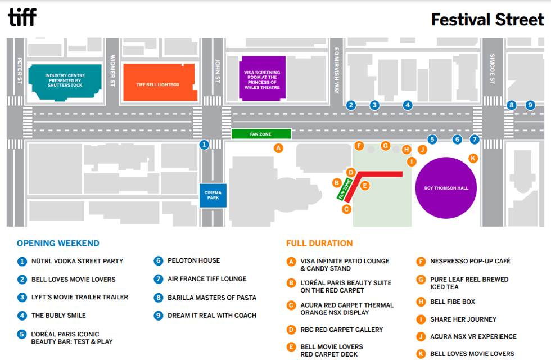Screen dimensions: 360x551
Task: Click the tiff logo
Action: (22, 17)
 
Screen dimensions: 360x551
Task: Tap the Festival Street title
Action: (487, 20)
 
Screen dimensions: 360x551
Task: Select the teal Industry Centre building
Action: (64, 82)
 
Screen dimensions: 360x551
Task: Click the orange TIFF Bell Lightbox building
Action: (158, 83)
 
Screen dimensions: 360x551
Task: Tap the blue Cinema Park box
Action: (213, 195)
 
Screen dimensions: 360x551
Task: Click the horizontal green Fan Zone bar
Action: (261, 134)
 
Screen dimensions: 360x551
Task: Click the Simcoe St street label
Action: (493, 69)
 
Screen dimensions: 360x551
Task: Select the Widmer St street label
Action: (113, 70)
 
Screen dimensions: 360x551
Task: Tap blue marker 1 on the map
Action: (205, 145)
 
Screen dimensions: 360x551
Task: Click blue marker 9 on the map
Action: (530, 105)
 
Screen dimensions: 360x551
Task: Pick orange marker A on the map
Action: (278, 148)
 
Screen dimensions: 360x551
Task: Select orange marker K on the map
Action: (473, 158)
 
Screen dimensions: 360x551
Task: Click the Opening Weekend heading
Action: (58, 244)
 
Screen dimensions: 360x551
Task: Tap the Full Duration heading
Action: (319, 244)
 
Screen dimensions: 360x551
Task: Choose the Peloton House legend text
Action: (193, 260)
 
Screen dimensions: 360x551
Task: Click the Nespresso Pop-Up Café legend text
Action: (470, 261)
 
